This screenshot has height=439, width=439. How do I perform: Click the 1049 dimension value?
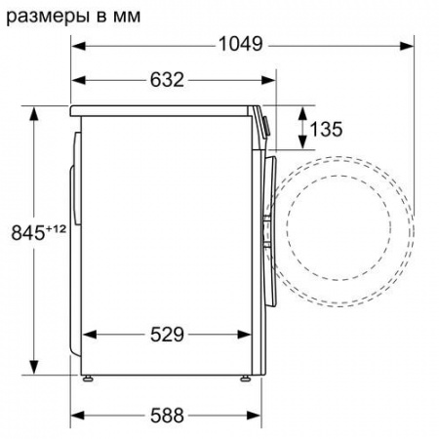coord(241,44)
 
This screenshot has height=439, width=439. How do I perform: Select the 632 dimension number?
coord(167,80)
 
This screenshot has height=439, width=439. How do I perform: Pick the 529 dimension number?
coord(167,335)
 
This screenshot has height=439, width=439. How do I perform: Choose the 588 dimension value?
coord(167,415)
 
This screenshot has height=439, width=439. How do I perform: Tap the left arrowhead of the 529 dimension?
coord(81,335)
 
